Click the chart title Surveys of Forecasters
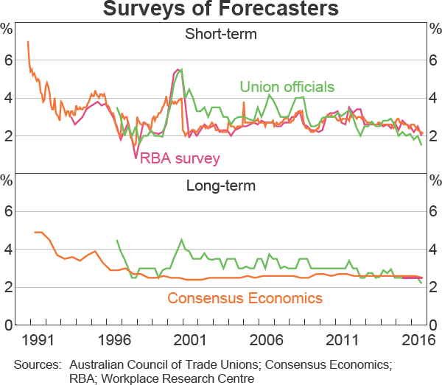point(221,10)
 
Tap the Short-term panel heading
point(220,34)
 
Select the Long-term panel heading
point(220,186)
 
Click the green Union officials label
point(287,87)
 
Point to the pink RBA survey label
point(180,157)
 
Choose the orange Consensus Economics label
point(245,298)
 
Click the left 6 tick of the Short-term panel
point(10,60)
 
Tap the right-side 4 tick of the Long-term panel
point(433,250)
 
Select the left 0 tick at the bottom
point(10,325)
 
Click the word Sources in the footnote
point(35,364)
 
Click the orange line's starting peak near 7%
point(28,42)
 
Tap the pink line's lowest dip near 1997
point(136,157)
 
